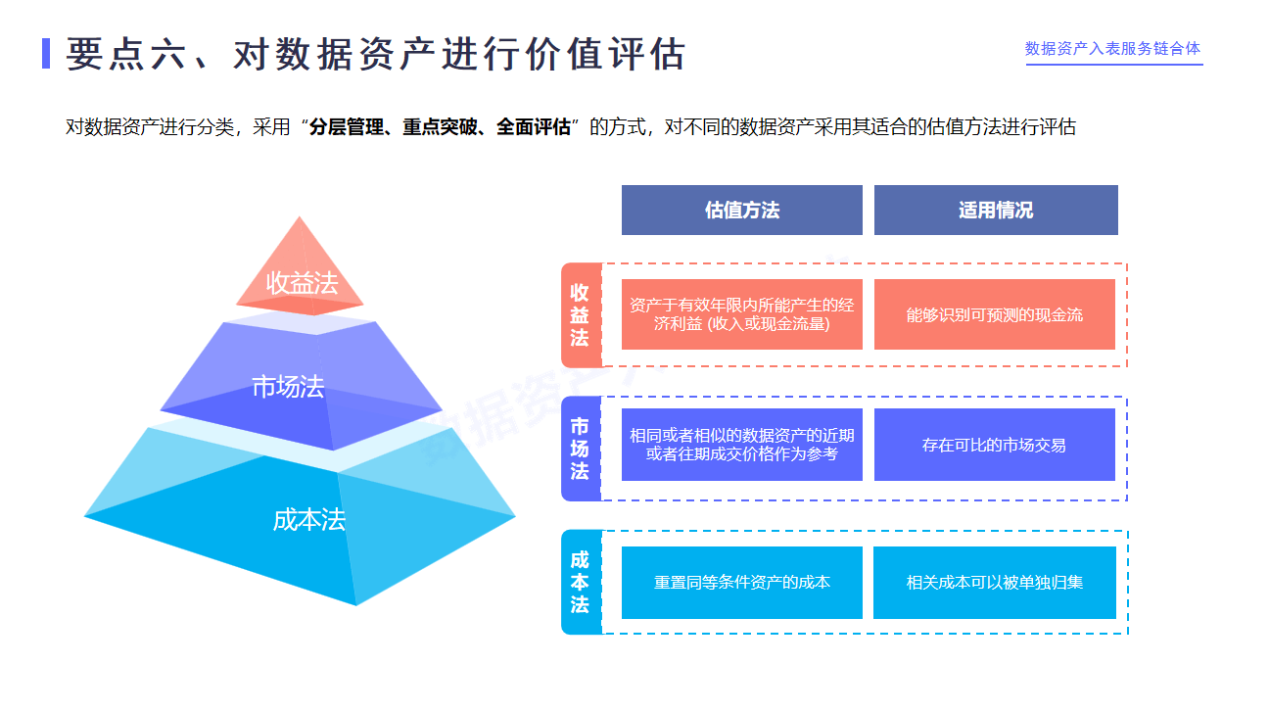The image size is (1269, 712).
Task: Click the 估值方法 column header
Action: coord(741,210)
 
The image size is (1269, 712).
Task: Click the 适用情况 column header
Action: coord(995,210)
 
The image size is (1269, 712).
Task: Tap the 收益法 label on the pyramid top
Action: coord(302,283)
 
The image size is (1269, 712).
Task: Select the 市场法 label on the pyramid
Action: coord(287,387)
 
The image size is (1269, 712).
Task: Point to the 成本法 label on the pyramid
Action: coord(308,520)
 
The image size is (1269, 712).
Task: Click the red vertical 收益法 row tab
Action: coord(580,314)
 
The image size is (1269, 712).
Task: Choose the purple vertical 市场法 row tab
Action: coord(580,449)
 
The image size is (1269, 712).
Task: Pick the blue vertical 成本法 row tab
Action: coord(580,582)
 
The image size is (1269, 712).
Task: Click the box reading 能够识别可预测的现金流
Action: coord(994,314)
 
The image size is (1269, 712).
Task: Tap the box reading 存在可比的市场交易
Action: coord(994,445)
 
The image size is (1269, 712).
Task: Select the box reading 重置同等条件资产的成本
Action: coord(741,582)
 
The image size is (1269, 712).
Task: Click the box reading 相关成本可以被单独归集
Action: coord(994,582)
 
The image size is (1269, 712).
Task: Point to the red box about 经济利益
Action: coord(741,314)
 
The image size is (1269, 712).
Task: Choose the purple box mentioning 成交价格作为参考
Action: coord(741,445)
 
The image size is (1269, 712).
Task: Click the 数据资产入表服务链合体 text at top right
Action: coord(1112,48)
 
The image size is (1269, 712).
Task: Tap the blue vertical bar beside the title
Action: coord(46,53)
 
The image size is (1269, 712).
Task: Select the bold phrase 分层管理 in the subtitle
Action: coord(346,127)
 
